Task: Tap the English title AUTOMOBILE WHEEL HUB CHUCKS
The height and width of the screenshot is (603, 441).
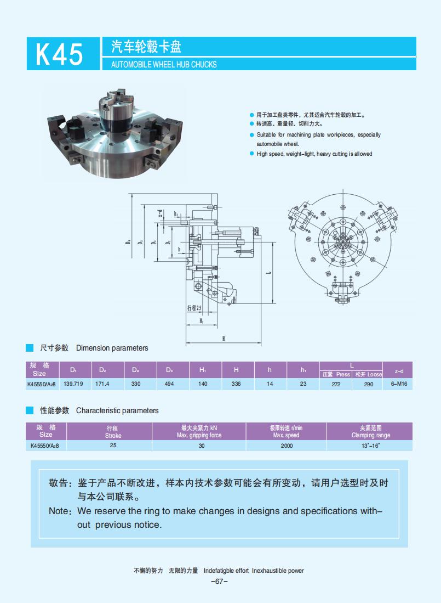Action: (163, 65)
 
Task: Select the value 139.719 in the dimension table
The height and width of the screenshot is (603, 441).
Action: (73, 384)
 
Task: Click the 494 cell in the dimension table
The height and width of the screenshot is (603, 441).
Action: (169, 384)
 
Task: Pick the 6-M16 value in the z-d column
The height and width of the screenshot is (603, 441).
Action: (399, 384)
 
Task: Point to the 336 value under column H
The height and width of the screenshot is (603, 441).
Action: (236, 384)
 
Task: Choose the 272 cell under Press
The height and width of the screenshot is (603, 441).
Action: (336, 384)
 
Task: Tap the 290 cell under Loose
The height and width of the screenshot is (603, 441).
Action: (369, 384)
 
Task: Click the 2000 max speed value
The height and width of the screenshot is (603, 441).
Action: (287, 446)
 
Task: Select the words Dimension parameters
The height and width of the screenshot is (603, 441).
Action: (112, 348)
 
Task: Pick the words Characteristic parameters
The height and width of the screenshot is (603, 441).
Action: (117, 410)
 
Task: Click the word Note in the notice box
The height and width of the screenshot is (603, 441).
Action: (59, 511)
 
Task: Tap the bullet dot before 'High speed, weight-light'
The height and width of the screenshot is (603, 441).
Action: (251, 154)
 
